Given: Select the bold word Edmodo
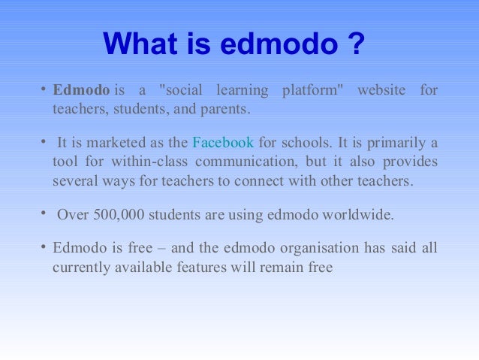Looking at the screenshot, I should click(81, 91).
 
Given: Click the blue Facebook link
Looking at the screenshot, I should click(223, 142).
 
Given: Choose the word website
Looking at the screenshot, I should click(381, 91).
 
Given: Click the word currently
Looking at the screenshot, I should click(80, 267).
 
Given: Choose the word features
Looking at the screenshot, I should click(201, 267).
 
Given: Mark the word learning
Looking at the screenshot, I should click(242, 91).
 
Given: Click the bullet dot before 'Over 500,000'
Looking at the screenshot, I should click(44, 213).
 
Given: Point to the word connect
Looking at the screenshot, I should click(267, 181).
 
